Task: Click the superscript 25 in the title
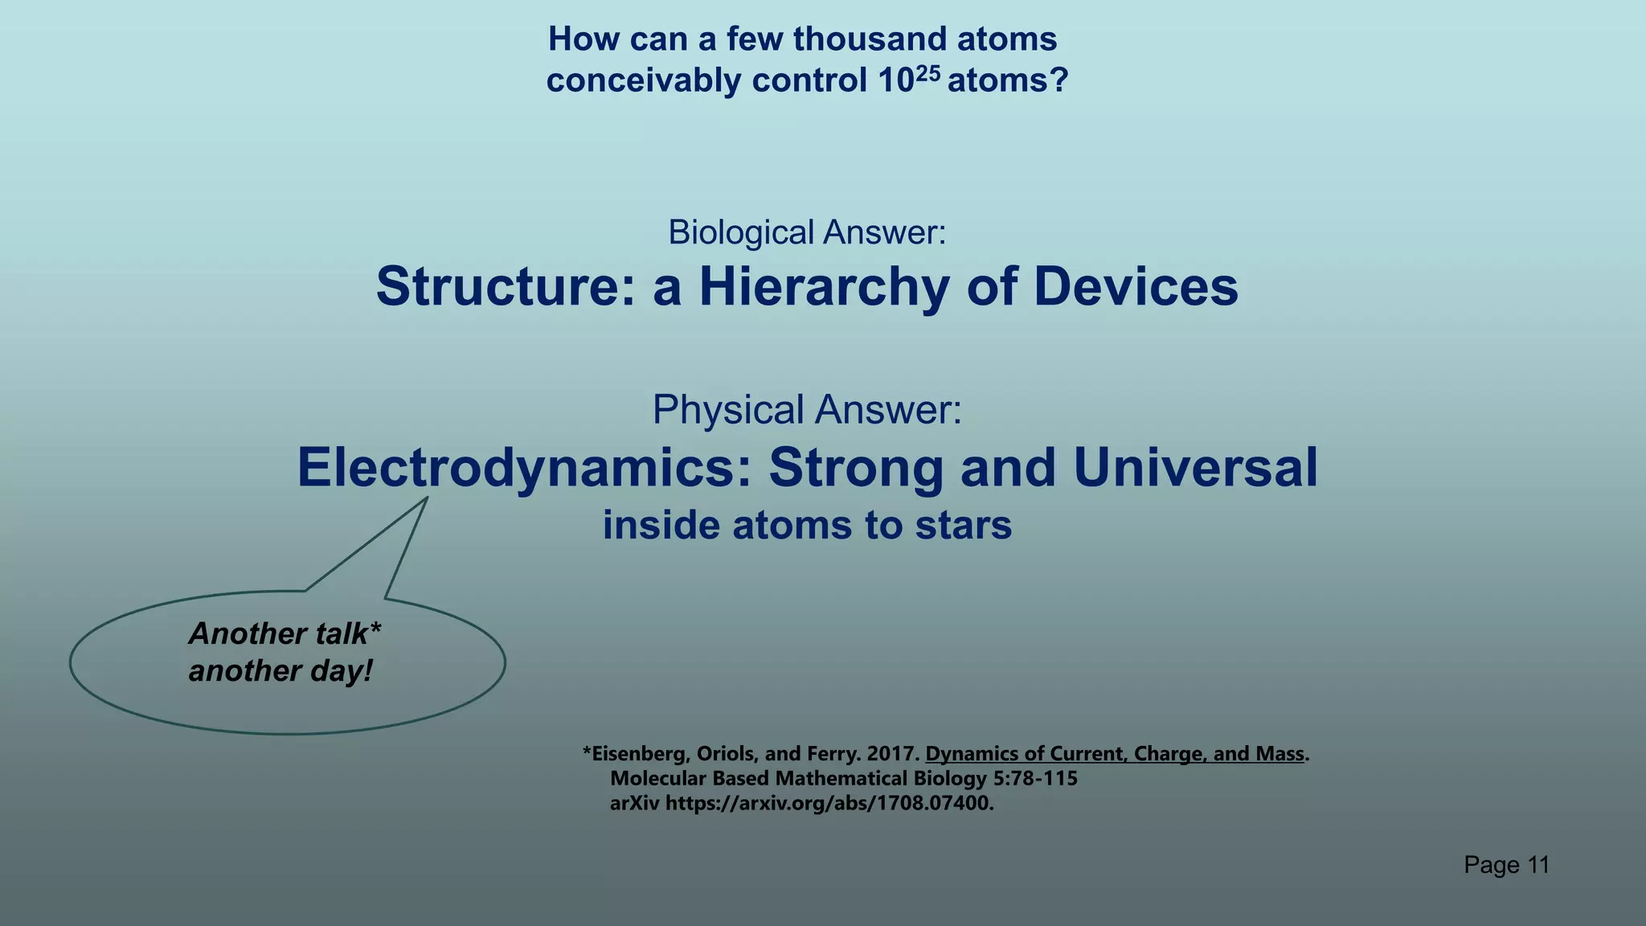927,73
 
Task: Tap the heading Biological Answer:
807,232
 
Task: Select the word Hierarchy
824,287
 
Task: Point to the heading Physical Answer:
807,409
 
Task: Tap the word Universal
1195,468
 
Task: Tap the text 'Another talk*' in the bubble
285,634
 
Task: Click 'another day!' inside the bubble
280,671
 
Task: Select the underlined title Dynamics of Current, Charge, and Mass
1114,754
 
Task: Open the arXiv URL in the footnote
829,803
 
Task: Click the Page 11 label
1506,865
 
